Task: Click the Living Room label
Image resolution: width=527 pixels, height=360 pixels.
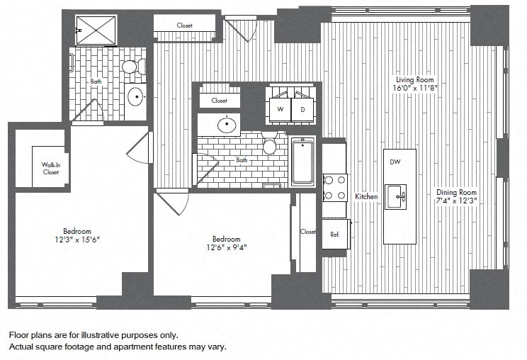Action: (415, 79)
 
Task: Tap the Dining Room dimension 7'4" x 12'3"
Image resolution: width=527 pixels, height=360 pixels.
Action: (457, 201)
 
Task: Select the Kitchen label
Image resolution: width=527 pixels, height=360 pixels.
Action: (366, 196)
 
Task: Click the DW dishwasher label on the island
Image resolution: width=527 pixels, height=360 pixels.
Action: (395, 162)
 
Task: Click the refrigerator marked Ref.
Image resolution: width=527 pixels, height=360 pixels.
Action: (336, 234)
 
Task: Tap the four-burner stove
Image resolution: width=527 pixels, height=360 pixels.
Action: (335, 188)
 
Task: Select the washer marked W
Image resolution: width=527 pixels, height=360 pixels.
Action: (280, 109)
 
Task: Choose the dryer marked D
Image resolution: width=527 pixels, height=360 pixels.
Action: (302, 109)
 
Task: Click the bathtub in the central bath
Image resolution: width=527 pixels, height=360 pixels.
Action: (303, 162)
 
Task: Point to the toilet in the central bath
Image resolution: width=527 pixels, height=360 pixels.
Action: (270, 143)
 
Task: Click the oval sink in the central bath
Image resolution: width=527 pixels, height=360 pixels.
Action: (227, 125)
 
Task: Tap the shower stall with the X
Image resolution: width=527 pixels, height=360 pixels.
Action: (96, 30)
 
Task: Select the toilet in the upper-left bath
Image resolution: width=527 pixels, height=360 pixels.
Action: (133, 67)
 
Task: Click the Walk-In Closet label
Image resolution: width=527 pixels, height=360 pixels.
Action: (51, 169)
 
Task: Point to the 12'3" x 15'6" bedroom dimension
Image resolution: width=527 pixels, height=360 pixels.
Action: (77, 240)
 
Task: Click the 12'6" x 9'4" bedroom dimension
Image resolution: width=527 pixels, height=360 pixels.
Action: (227, 248)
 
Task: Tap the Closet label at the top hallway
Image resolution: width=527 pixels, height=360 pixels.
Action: (184, 26)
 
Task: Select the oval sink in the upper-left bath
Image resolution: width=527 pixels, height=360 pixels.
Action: (137, 97)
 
